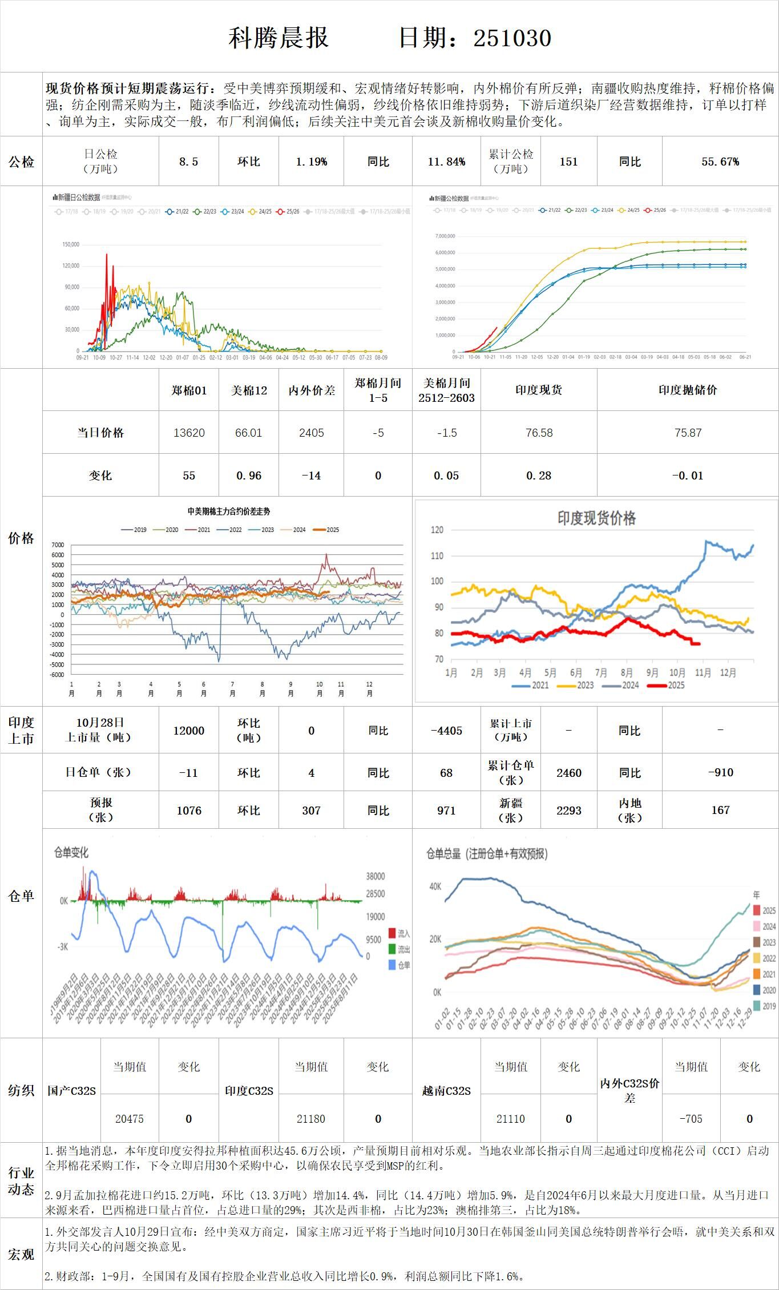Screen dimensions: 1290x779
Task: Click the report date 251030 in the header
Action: coord(512,38)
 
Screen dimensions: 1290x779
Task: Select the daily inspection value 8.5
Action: coord(188,162)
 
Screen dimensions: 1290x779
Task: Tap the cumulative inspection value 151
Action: coord(568,162)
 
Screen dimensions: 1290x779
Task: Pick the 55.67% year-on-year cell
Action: coord(720,162)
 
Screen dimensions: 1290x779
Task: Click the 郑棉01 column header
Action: coord(188,390)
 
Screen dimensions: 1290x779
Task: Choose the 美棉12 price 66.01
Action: coord(248,433)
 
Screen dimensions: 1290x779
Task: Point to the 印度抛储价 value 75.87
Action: coord(688,433)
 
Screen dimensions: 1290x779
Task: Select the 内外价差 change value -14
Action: coord(311,475)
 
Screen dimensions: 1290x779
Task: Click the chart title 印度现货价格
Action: coord(596,518)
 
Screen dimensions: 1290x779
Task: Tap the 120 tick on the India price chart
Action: coord(437,530)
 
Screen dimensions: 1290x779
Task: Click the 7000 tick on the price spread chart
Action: coord(58,545)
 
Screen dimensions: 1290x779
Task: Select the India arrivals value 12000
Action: coord(188,731)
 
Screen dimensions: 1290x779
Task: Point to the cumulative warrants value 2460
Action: coord(568,773)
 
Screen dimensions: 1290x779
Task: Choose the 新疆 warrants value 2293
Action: coord(568,810)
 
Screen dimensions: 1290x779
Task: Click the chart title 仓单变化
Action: coord(71,853)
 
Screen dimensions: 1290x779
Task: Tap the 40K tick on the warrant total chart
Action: coord(435,886)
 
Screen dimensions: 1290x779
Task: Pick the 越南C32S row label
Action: coord(446,1091)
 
